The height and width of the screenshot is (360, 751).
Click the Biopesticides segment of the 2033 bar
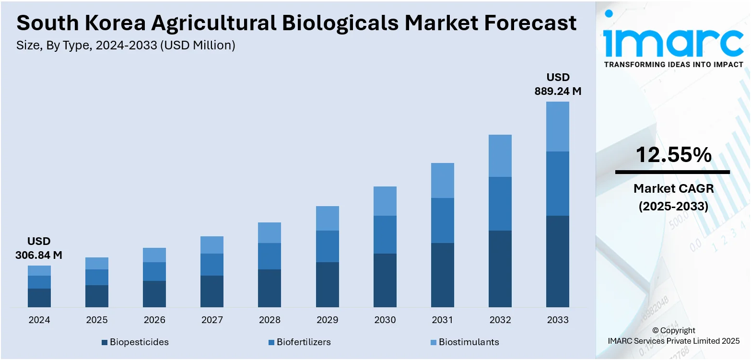[558, 261]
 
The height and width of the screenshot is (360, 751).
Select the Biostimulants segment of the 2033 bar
[558, 127]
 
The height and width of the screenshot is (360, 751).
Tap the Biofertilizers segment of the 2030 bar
[385, 234]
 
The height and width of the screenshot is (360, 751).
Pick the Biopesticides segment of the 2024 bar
[39, 298]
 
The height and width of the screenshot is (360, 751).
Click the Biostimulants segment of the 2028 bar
[270, 232]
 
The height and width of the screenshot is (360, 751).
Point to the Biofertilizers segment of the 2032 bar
[500, 204]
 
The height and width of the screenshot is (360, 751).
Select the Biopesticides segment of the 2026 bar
[154, 294]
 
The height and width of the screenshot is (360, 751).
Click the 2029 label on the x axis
[328, 320]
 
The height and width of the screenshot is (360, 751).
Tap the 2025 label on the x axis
[97, 320]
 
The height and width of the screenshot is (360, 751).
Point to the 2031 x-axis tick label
[442, 320]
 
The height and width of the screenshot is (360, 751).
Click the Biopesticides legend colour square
[105, 342]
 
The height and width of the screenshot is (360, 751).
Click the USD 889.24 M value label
[558, 84]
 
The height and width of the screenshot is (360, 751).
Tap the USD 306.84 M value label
[39, 248]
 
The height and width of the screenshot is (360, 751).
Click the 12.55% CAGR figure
[673, 155]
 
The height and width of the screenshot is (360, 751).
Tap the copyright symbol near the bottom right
[655, 330]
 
